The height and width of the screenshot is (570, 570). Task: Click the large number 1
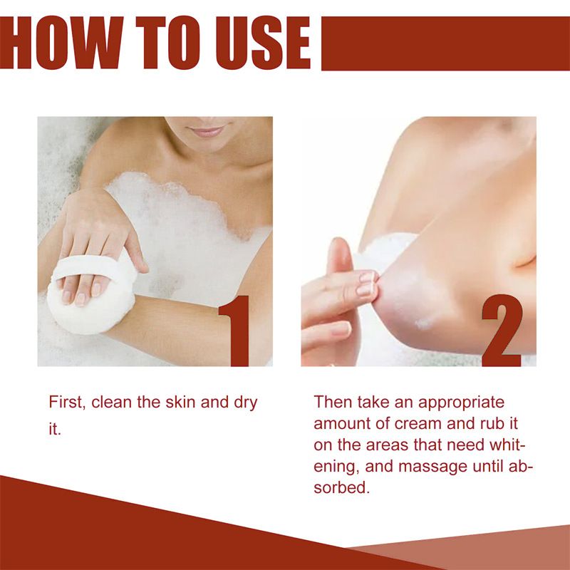(234, 331)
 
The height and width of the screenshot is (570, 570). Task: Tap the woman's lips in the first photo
(207, 131)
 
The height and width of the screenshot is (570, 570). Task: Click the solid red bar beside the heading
(445, 43)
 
